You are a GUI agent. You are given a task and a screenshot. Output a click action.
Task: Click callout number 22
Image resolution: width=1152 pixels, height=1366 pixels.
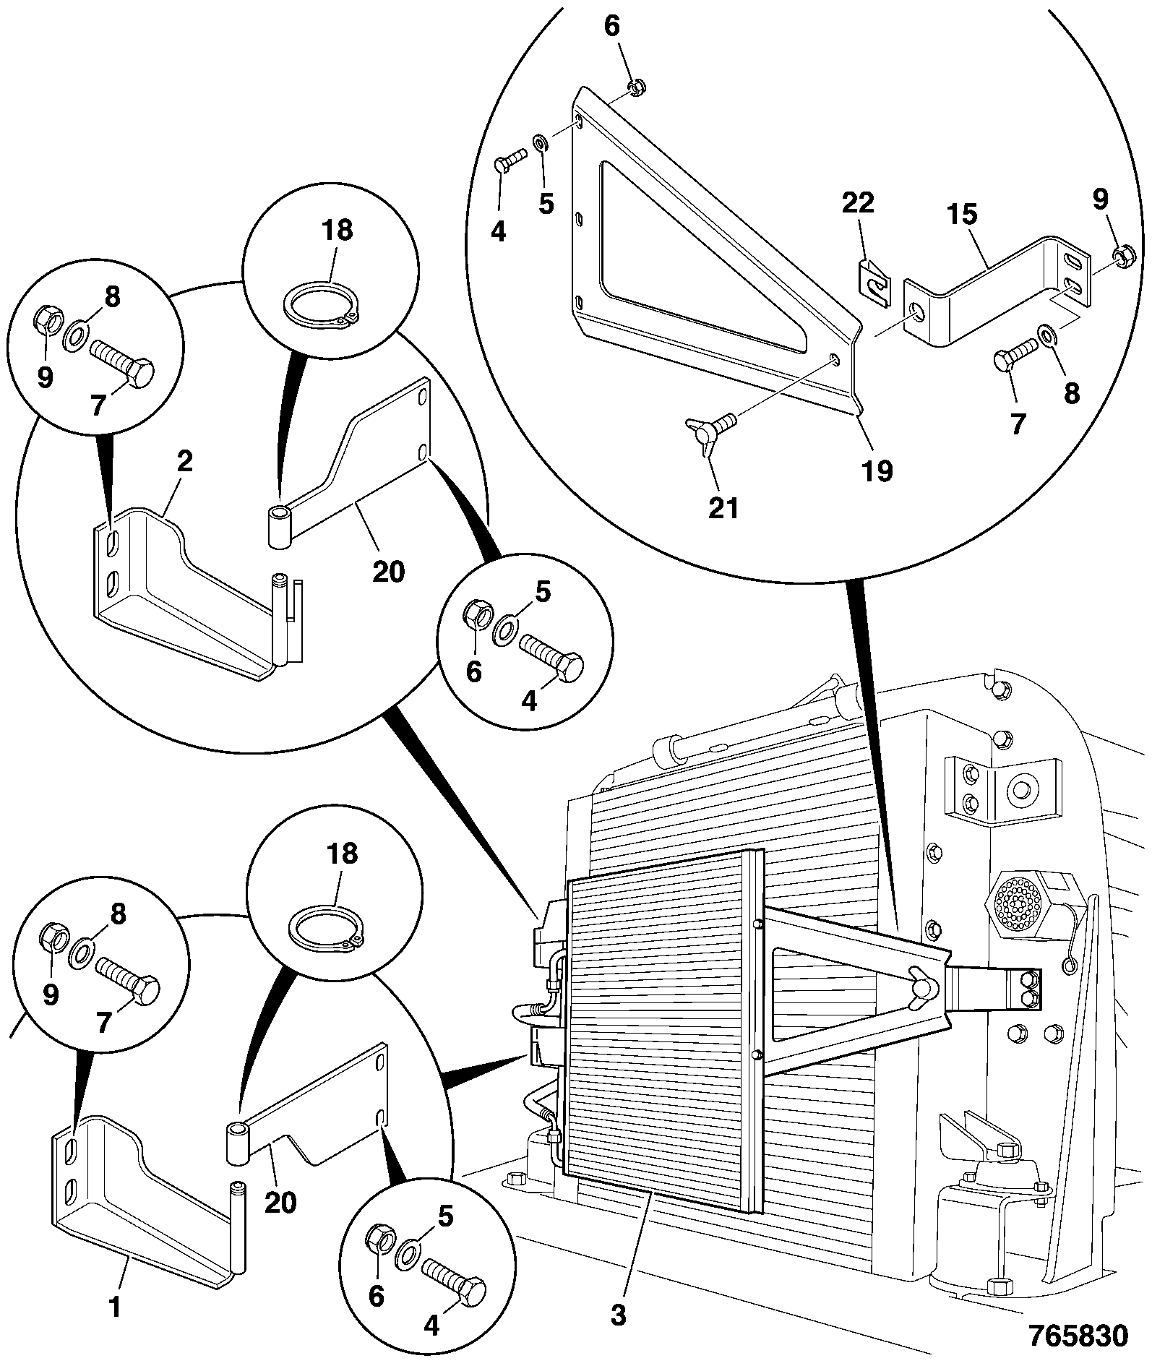857,202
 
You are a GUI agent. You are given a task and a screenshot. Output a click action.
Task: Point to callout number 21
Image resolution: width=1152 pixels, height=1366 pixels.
723,508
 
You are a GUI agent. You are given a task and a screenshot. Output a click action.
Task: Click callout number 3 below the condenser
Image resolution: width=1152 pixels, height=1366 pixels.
618,1315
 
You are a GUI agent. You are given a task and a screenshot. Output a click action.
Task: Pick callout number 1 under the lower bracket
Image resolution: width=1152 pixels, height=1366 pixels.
114,1306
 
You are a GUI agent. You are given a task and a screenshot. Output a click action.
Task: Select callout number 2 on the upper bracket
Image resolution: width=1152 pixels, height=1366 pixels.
185,462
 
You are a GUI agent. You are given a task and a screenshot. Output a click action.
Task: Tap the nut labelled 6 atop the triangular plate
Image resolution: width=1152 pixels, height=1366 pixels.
637,87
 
